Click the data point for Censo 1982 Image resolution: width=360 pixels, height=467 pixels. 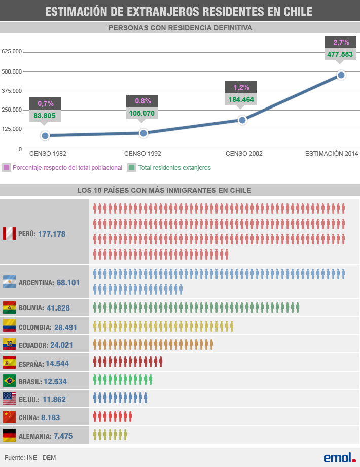(45, 135)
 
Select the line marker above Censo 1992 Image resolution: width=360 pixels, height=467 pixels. (143, 133)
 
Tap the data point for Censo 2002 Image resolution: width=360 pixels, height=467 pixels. (242, 120)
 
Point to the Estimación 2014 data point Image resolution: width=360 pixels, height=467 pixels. (341, 75)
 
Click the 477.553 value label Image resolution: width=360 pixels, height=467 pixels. (340, 54)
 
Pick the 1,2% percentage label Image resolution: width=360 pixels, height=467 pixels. (241, 87)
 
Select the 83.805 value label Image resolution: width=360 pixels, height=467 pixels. (45, 115)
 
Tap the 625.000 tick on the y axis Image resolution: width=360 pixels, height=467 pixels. (12, 52)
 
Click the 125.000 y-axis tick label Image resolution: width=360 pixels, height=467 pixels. (12, 129)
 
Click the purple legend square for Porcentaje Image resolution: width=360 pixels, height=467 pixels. (6, 167)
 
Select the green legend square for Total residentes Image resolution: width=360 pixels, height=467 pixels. (132, 167)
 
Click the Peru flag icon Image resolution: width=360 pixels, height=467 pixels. (9, 234)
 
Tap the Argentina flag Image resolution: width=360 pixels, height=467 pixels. (9, 282)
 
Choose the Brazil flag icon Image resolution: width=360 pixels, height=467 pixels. (9, 381)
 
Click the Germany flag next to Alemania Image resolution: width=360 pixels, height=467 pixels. (9, 435)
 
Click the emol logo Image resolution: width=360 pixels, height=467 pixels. (340, 457)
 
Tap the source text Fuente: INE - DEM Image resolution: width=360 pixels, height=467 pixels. (30, 458)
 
